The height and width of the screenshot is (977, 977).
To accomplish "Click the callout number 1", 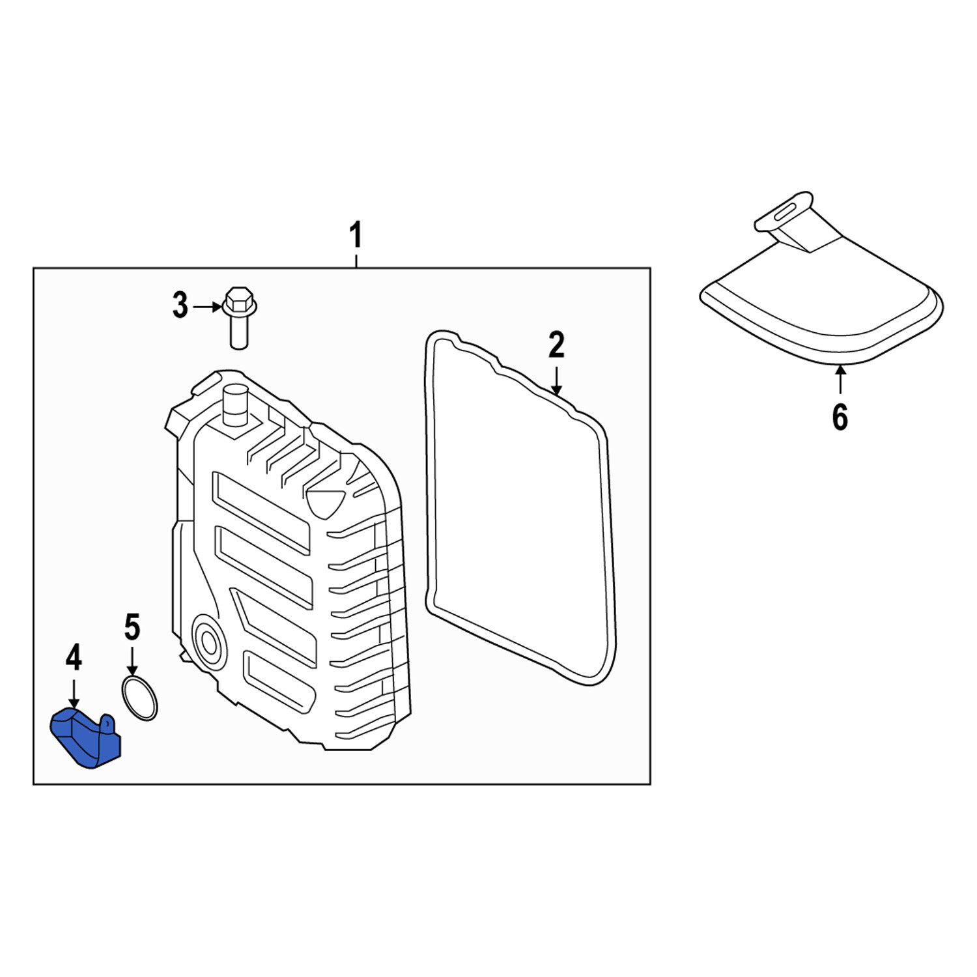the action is (356, 235).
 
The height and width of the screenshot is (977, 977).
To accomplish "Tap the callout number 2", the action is (556, 346).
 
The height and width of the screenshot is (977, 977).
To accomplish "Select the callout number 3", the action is (180, 305).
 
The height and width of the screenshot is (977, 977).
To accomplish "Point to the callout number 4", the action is (74, 657).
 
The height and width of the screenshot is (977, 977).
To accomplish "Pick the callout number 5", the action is (132, 627).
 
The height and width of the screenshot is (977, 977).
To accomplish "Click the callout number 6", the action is (840, 417).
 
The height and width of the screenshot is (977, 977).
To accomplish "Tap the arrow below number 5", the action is (132, 660).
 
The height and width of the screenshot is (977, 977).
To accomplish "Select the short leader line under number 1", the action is (356, 261).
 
